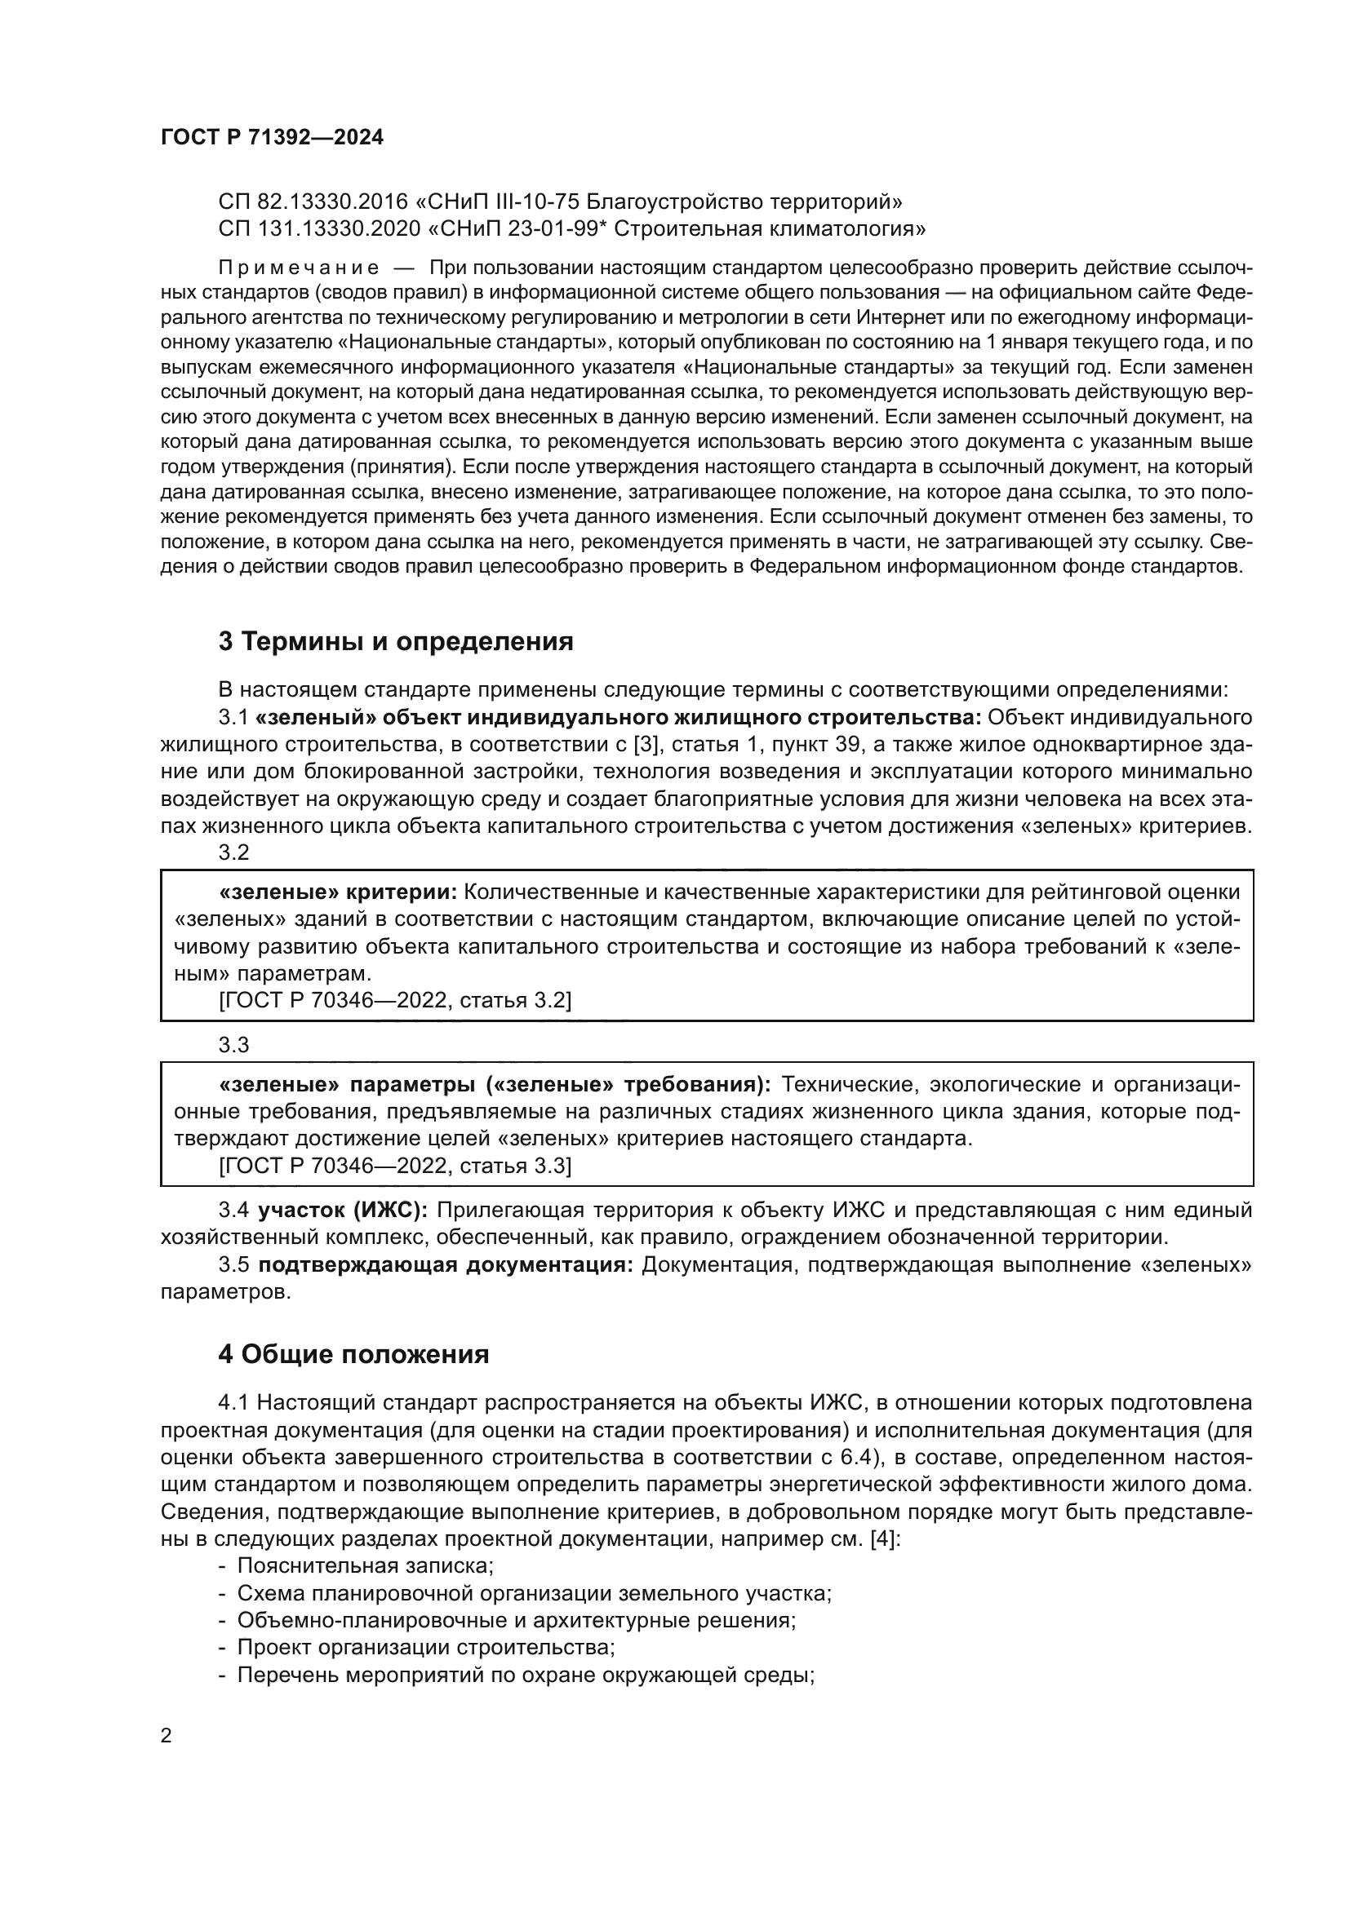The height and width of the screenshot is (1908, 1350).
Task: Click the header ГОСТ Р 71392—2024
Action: [x=272, y=138]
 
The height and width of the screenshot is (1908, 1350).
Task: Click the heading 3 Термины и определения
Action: [x=396, y=641]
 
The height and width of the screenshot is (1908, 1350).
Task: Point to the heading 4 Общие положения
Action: [x=353, y=1355]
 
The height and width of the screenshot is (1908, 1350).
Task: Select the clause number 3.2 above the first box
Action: [x=233, y=852]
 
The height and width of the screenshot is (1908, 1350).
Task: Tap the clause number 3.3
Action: [x=233, y=1046]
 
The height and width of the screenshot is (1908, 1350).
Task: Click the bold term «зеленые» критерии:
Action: [x=338, y=892]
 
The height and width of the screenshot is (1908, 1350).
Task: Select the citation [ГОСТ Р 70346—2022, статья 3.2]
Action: [x=395, y=1001]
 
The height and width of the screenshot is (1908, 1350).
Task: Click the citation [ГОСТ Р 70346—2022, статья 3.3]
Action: [x=395, y=1166]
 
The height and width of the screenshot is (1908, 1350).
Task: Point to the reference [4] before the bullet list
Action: [x=882, y=1538]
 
